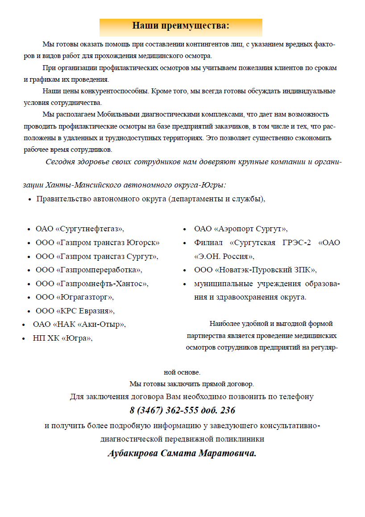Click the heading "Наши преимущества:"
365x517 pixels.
pyautogui.click(x=181, y=26)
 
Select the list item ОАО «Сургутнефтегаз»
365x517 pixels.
pyautogui.click(x=80, y=229)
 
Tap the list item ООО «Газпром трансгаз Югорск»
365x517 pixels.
pyautogui.click(x=98, y=243)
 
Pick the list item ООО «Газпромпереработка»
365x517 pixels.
pyautogui.click(x=89, y=270)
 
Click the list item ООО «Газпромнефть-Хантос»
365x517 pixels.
pyautogui.click(x=92, y=284)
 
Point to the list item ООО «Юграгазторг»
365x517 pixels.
pyautogui.click(x=75, y=297)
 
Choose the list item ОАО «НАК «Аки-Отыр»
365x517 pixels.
pyautogui.click(x=79, y=324)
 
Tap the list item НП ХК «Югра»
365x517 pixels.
pyautogui.click(x=62, y=338)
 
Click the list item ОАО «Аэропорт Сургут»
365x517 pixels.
pyautogui.click(x=241, y=229)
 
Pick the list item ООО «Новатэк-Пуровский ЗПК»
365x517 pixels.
pyautogui.click(x=255, y=270)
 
